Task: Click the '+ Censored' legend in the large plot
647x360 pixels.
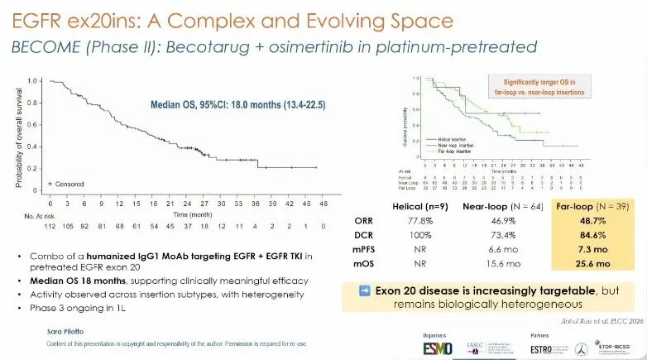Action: tap(65, 182)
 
